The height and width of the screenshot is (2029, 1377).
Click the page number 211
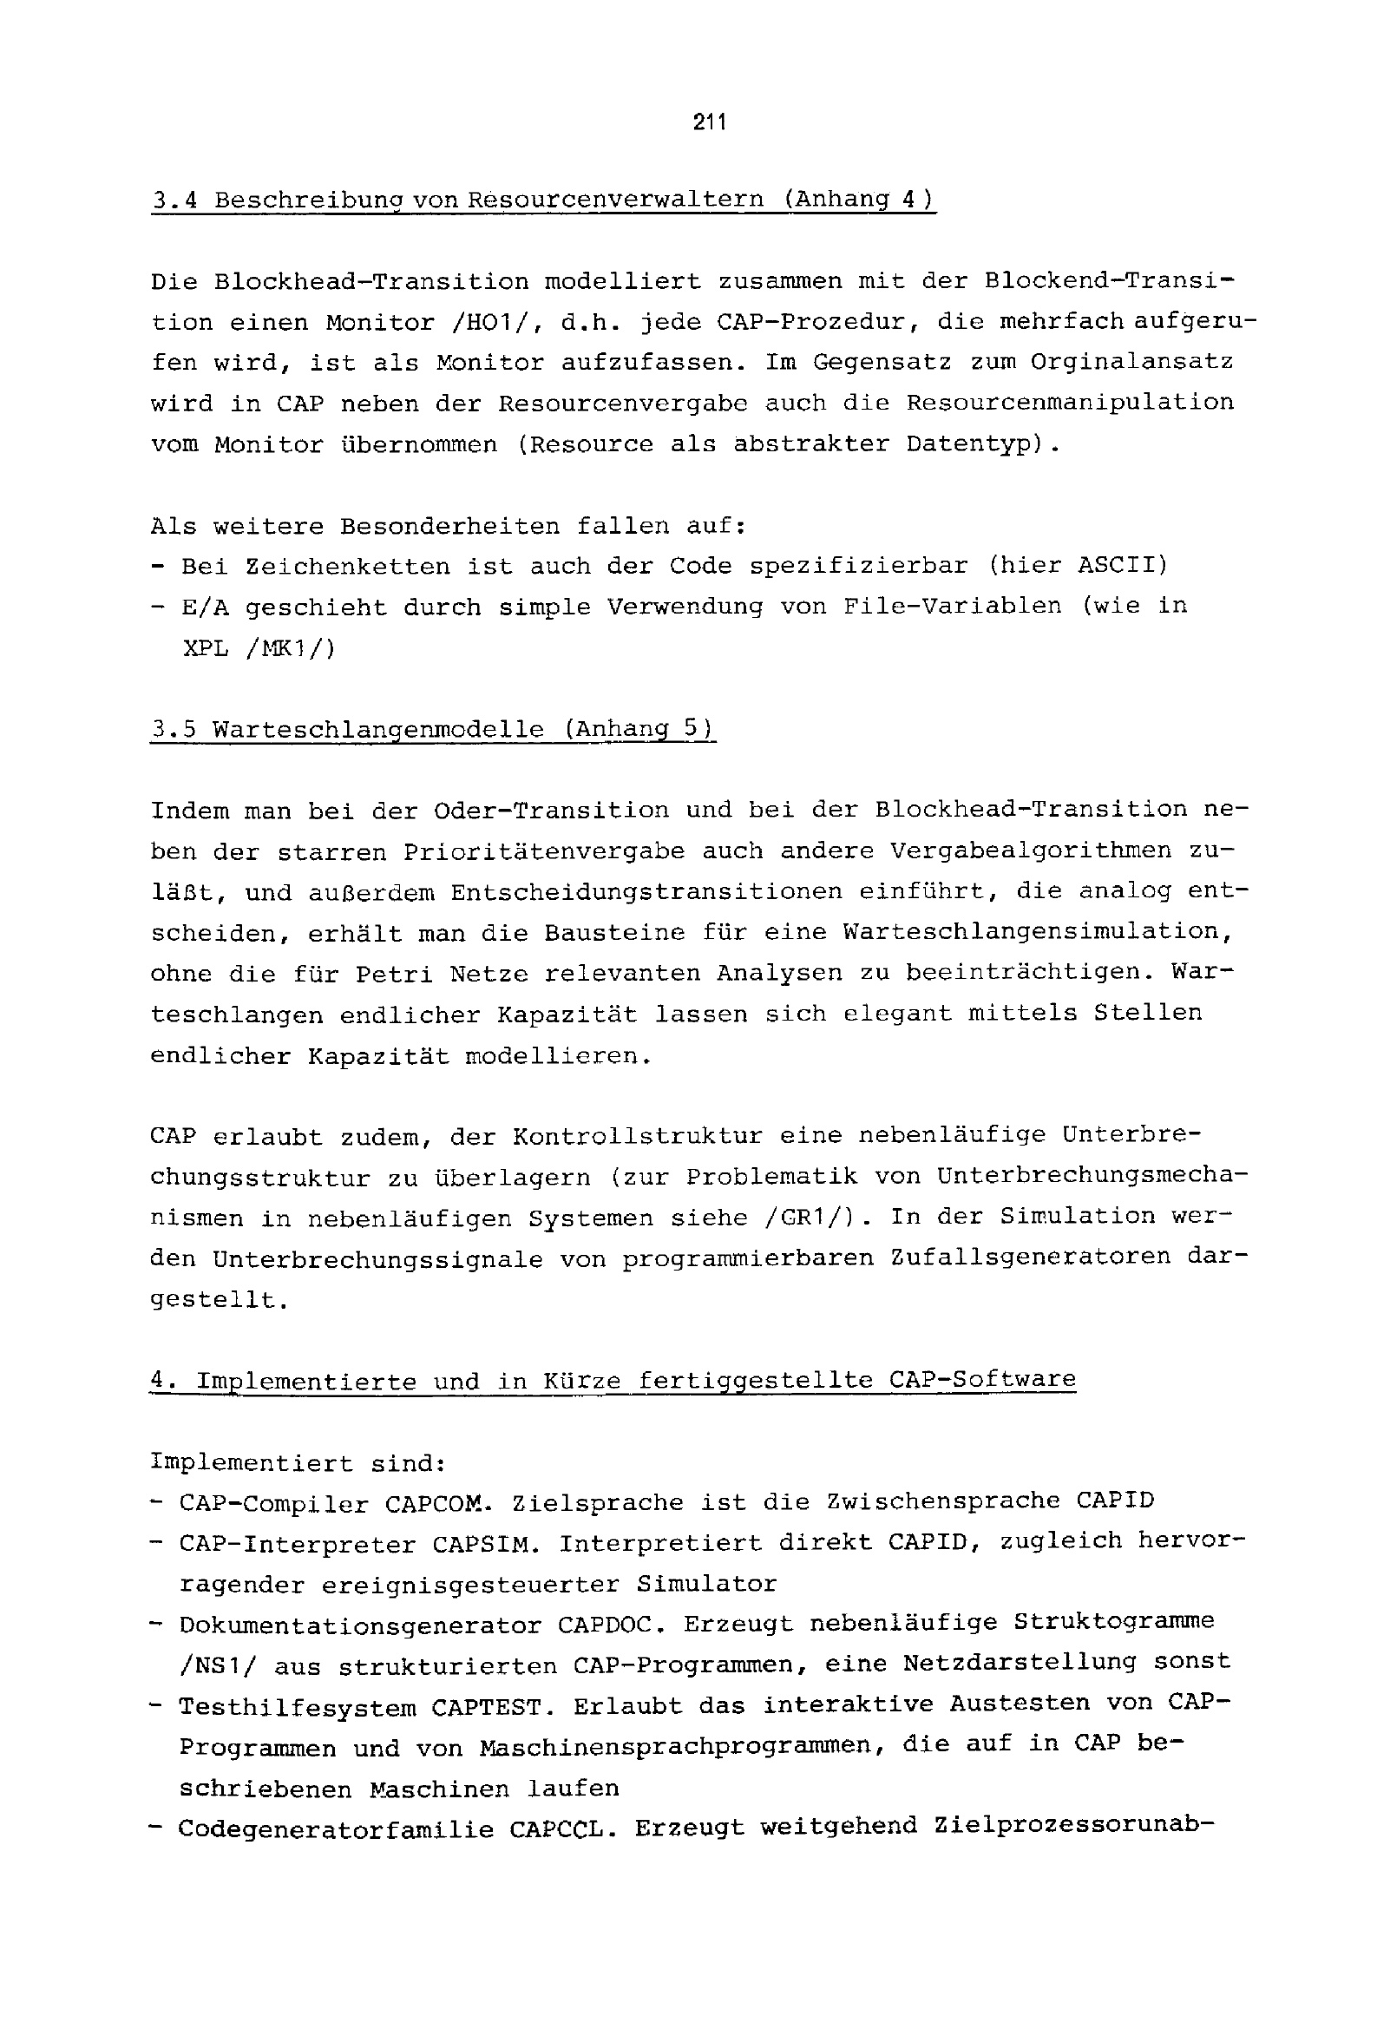pos(709,123)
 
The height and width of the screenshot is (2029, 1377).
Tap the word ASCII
pos(1121,565)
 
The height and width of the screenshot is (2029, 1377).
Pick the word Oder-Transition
pos(551,811)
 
